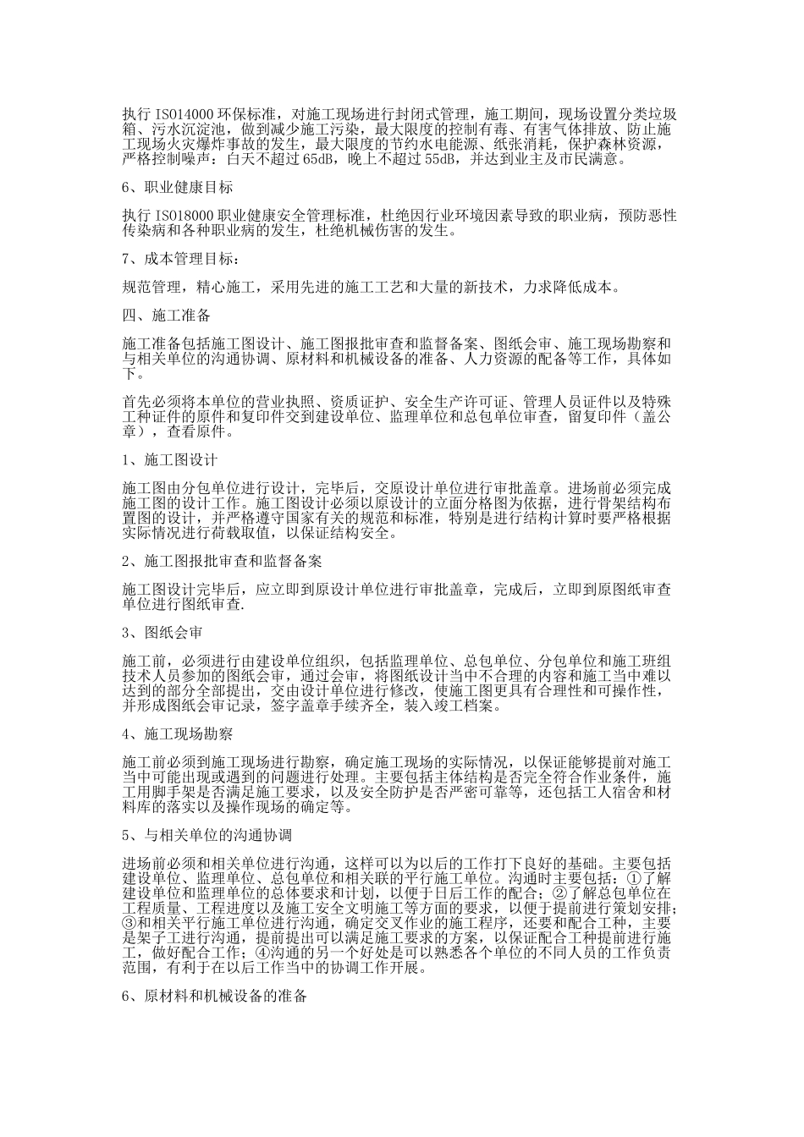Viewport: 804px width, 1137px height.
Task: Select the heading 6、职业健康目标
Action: coord(177,187)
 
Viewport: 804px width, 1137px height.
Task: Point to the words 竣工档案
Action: coord(472,705)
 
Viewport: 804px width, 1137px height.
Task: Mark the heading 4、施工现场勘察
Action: coord(177,734)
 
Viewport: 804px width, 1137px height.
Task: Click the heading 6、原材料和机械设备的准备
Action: coord(215,996)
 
